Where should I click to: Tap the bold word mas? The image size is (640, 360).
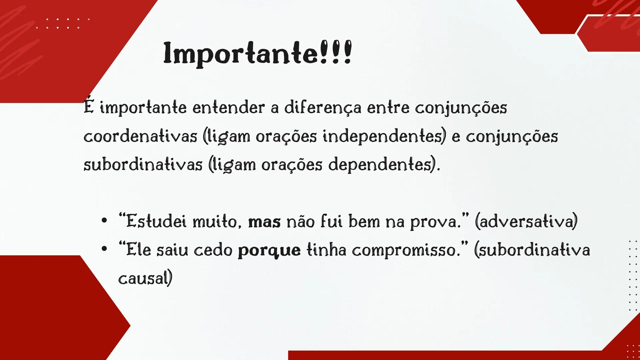[264, 222]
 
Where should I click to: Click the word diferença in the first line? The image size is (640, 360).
[322, 108]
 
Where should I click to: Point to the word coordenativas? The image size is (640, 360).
[140, 136]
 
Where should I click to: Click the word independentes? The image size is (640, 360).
[384, 136]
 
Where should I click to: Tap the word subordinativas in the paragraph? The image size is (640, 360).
[143, 165]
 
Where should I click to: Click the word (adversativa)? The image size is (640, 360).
[526, 222]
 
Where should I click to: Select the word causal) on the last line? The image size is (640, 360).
[145, 279]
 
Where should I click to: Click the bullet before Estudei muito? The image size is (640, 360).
[104, 221]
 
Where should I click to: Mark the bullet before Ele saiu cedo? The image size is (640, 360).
[104, 249]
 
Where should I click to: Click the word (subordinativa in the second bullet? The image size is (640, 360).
[532, 250]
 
